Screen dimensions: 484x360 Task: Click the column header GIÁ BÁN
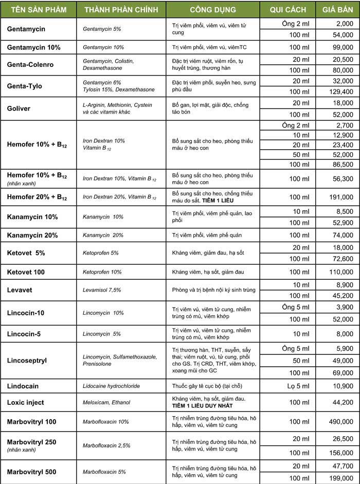(337, 10)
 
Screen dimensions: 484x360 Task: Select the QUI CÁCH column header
(287, 10)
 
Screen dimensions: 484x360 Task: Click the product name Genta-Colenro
(30, 65)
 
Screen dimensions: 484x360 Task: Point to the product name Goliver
(19, 109)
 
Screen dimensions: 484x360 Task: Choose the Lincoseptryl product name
(27, 361)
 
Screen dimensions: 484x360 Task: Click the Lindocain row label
(23, 386)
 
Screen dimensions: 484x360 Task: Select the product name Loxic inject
(26, 402)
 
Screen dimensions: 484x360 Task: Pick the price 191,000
(340, 197)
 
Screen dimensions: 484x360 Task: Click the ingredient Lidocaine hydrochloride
(111, 386)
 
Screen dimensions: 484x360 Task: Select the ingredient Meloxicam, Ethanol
(106, 402)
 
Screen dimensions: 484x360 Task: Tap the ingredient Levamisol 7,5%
(102, 290)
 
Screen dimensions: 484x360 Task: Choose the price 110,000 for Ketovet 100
(340, 272)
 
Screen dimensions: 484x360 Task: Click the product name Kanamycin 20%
(32, 235)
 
